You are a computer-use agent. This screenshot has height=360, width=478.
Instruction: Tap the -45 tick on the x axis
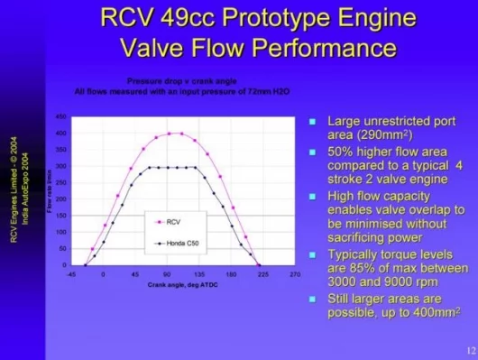[x=71, y=272]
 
